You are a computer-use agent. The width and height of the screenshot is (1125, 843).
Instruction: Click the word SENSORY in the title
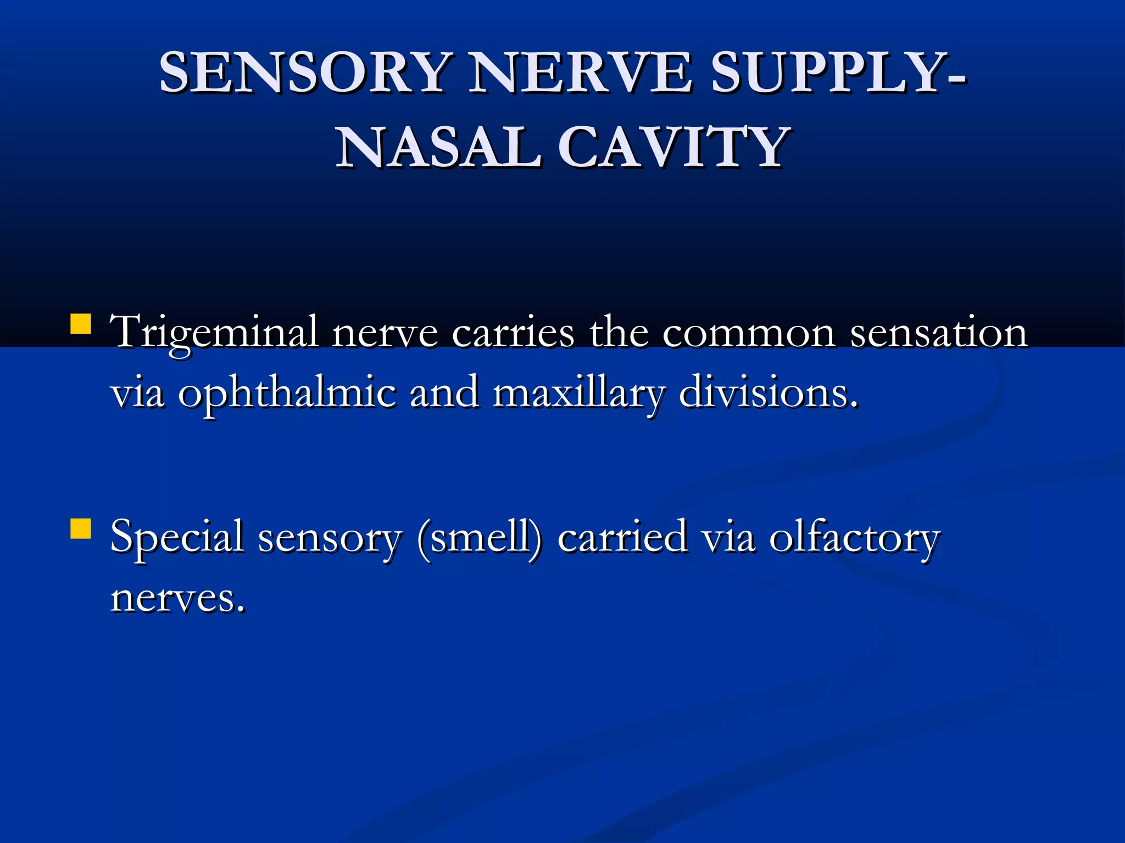click(x=305, y=72)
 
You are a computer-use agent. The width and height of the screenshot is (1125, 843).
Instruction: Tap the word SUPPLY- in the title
click(x=838, y=72)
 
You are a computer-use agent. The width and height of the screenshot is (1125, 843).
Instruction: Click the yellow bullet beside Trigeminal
click(x=81, y=324)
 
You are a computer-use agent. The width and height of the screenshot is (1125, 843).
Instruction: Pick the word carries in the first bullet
click(x=513, y=333)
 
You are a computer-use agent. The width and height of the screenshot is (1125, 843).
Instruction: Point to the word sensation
click(x=939, y=333)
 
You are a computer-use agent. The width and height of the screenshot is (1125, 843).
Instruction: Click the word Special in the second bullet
click(x=177, y=538)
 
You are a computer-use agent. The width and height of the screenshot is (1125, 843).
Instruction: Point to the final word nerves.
click(x=177, y=598)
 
